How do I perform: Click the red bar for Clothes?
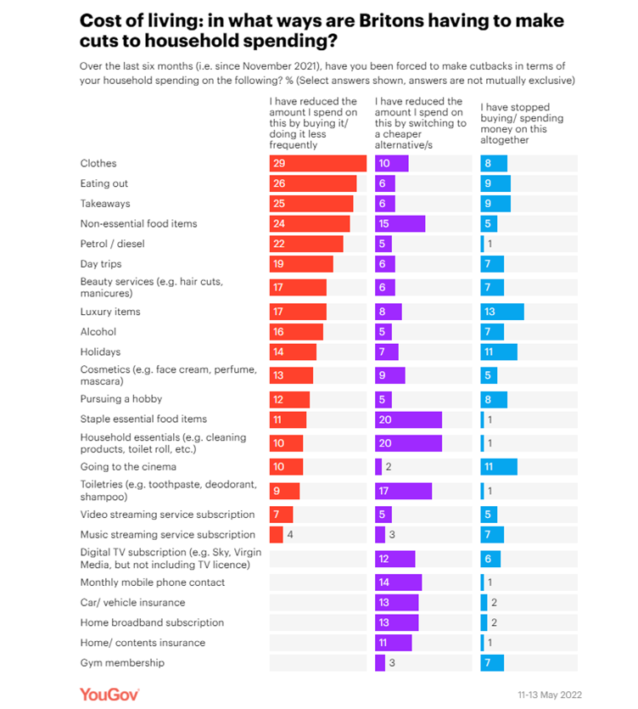coord(317,163)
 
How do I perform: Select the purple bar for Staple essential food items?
coord(408,419)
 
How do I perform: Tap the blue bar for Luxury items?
coord(501,312)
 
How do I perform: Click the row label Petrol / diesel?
coord(113,244)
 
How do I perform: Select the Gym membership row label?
coord(122,662)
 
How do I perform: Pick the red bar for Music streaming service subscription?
coord(276,534)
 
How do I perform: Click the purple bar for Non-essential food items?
coord(400,224)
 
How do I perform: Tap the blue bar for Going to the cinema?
coord(498,466)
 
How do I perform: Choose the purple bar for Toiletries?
coord(403,491)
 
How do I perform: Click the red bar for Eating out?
coord(312,183)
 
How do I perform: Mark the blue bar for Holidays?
coord(498,352)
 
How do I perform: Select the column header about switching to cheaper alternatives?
coord(421,124)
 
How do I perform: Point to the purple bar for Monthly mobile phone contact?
coord(398,582)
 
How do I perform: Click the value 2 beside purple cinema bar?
coord(388,466)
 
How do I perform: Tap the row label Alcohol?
coord(98,332)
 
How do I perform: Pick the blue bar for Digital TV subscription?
coord(490,558)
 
